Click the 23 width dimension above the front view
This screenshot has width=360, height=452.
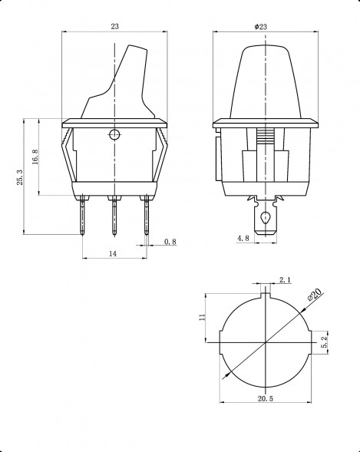tap(114, 27)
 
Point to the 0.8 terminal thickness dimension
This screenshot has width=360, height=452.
tap(170, 242)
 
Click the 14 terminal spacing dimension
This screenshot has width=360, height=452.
tap(113, 253)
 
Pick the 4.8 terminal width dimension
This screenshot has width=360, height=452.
tap(243, 239)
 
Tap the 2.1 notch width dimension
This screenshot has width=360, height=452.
tap(285, 281)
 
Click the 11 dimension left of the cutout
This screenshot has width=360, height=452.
tap(202, 317)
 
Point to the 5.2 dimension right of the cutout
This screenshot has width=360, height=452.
tap(325, 341)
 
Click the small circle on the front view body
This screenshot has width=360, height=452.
tap(114, 137)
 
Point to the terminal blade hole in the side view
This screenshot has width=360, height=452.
tap(265, 218)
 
